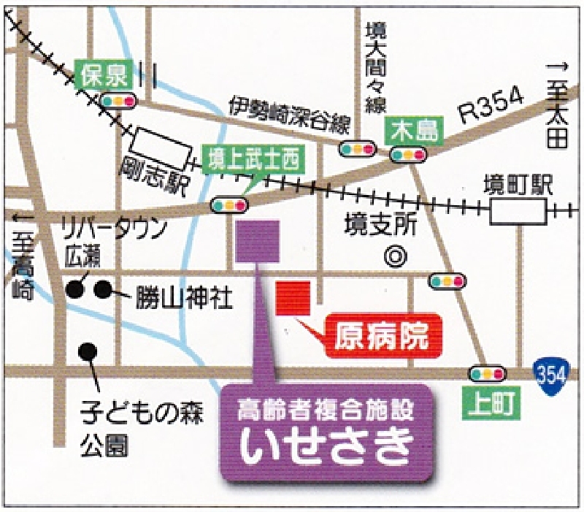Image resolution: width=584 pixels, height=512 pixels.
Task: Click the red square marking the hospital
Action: point(293,298)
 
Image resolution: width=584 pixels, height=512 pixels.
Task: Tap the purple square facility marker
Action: point(258,242)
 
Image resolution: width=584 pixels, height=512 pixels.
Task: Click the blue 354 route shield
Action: point(550,373)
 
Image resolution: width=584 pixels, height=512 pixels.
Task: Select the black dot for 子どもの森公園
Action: point(88,352)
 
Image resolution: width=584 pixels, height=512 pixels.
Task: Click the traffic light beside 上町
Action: point(488,373)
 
